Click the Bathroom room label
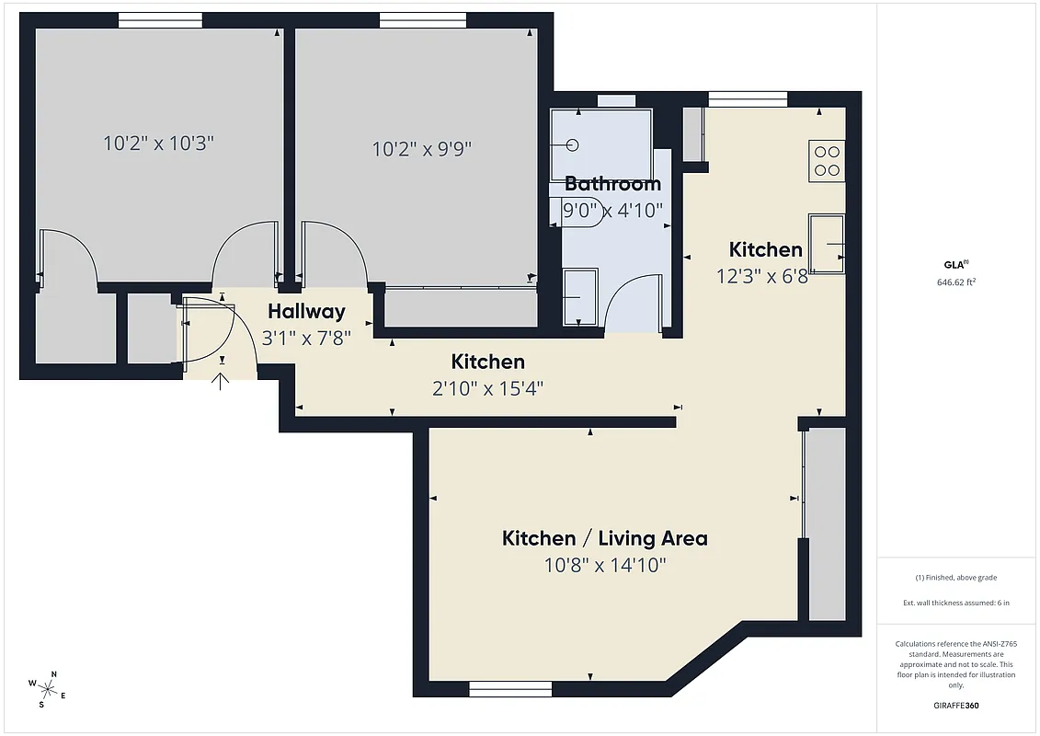tap(612, 184)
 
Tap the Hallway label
tap(306, 311)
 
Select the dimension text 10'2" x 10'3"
tap(158, 144)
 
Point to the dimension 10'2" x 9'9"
tap(422, 148)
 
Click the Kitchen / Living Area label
tap(604, 538)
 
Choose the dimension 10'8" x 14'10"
tap(604, 565)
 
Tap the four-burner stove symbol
tap(827, 161)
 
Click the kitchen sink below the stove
tap(827, 243)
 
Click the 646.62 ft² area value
tap(955, 282)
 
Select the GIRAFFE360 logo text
tap(956, 707)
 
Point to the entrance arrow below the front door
tap(221, 379)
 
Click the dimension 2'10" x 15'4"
tap(487, 388)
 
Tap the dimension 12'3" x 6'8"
tap(763, 276)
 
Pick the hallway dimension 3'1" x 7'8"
tap(306, 338)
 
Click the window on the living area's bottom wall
tap(509, 688)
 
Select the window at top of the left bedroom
tap(160, 20)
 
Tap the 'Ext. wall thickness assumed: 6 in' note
tap(955, 604)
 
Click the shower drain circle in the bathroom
tap(574, 144)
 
